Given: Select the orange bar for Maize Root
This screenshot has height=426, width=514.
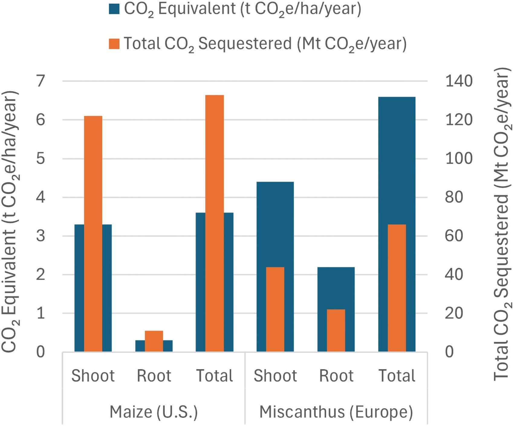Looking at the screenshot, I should (x=154, y=341).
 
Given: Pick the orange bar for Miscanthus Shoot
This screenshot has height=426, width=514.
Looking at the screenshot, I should (x=275, y=309).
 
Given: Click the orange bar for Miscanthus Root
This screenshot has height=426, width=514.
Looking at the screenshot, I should (x=336, y=330).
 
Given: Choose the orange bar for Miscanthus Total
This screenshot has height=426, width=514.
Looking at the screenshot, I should (x=397, y=288).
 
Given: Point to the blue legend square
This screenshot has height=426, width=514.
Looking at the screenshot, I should (x=114, y=9).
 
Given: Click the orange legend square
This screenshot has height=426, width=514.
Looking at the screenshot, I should (x=114, y=44).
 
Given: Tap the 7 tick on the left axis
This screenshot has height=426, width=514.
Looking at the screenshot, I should (x=41, y=81).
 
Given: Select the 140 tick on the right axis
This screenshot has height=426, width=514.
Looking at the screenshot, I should (x=459, y=81).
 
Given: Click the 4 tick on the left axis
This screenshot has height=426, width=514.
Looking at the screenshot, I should (x=41, y=197).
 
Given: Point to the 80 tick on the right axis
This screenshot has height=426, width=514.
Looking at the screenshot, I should (x=454, y=197).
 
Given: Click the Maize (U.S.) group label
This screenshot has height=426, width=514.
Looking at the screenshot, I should (x=154, y=412).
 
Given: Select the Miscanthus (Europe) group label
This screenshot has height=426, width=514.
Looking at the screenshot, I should (x=336, y=412).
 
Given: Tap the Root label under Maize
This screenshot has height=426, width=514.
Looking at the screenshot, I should (x=154, y=376).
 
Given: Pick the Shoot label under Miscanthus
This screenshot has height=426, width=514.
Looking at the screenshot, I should (x=275, y=376).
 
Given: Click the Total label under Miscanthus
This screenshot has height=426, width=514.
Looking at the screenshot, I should (x=397, y=376).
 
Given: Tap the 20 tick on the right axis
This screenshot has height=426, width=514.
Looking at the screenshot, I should (x=454, y=313).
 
